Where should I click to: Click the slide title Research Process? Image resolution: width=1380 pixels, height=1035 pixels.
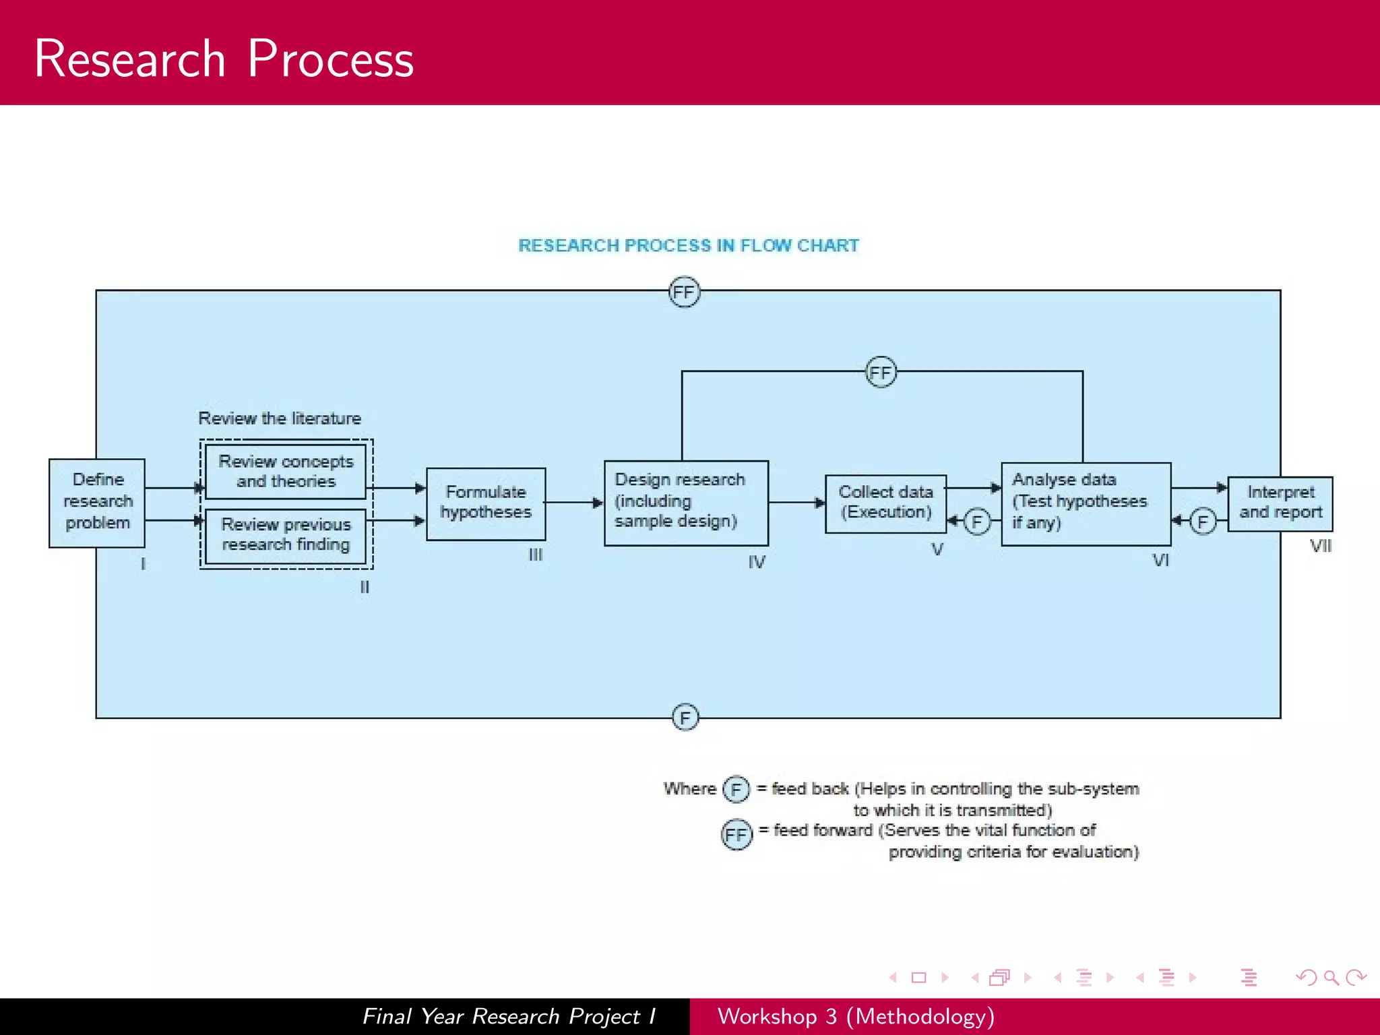(x=224, y=59)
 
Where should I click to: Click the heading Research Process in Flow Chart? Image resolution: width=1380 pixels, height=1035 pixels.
(x=688, y=245)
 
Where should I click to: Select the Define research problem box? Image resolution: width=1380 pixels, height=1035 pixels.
(x=97, y=502)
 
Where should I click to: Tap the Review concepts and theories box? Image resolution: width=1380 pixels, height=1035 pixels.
(x=286, y=471)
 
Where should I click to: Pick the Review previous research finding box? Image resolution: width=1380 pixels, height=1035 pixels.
(x=286, y=535)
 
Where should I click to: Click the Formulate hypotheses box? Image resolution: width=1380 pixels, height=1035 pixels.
(x=486, y=503)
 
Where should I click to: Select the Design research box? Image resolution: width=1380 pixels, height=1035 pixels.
(x=685, y=502)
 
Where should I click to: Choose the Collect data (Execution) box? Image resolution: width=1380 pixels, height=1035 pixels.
(x=885, y=503)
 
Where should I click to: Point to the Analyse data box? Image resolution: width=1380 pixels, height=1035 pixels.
(x=1085, y=503)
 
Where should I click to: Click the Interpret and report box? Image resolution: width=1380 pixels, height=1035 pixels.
(x=1280, y=503)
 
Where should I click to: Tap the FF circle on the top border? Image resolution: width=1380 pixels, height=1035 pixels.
(x=684, y=292)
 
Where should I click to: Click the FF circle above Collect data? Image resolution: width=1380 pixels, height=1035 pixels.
(x=881, y=372)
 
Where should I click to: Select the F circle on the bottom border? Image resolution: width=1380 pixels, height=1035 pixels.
(x=685, y=718)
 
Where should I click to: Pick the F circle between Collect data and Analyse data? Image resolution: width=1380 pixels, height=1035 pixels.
(x=977, y=522)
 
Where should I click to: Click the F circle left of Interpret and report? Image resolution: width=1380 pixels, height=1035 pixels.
(x=1202, y=522)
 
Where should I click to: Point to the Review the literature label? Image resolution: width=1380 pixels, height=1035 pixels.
(x=280, y=418)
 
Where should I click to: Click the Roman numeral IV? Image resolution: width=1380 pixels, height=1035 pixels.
(x=756, y=562)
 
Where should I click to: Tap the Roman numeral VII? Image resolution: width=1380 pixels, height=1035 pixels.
(x=1320, y=546)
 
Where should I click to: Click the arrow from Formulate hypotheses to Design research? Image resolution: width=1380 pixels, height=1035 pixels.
(x=573, y=502)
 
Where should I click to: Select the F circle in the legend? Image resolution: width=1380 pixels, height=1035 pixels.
(x=736, y=789)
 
